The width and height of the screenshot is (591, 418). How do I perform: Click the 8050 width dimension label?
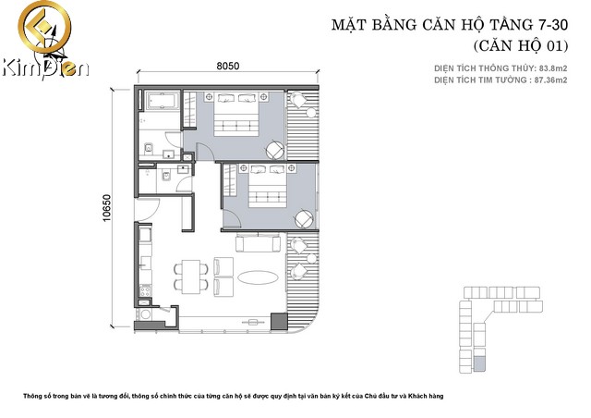coord(228,67)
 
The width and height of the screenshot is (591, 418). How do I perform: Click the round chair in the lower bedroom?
coord(304,218)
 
